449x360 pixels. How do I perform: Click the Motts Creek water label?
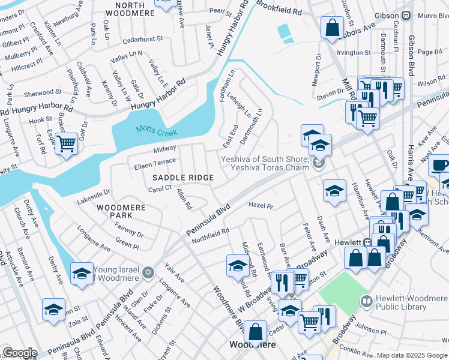155,129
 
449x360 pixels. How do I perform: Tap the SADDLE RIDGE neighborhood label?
183,178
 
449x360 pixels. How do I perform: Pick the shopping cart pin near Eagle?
67,143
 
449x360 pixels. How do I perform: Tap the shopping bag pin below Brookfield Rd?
331,27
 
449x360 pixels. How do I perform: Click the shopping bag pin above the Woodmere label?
255,331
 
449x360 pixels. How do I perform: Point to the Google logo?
20,353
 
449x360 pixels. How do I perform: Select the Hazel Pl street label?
261,206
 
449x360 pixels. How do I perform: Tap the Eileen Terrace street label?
155,161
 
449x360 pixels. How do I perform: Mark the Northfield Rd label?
210,235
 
